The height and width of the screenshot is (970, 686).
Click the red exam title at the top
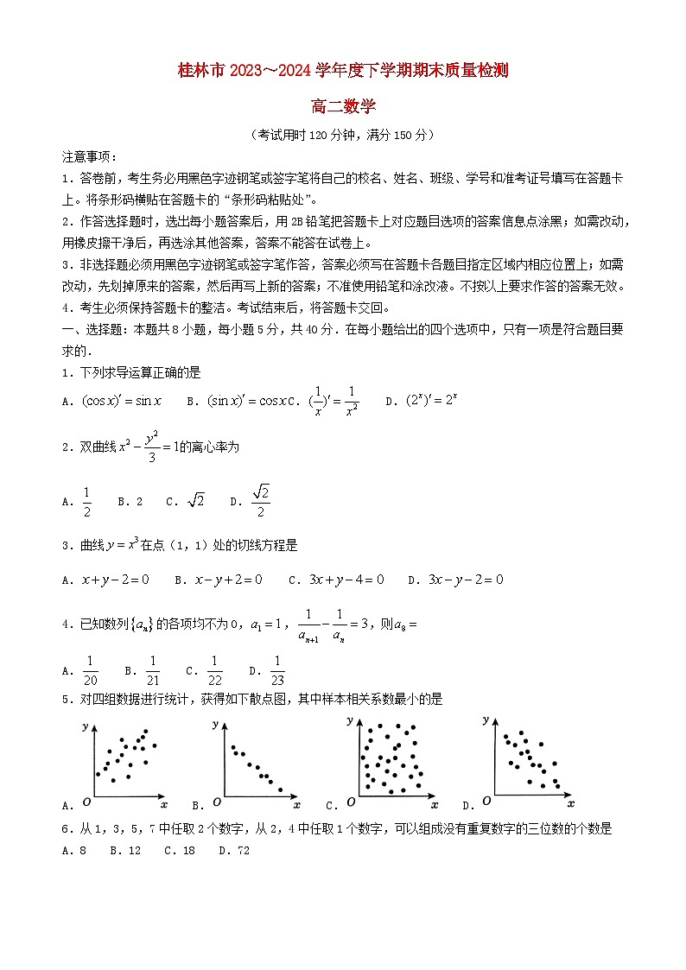coord(343,71)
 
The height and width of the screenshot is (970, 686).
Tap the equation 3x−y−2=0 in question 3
coord(466,580)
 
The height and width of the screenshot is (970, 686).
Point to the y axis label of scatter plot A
coord(86,727)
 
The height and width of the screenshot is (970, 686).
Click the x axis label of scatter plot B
coord(296,806)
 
